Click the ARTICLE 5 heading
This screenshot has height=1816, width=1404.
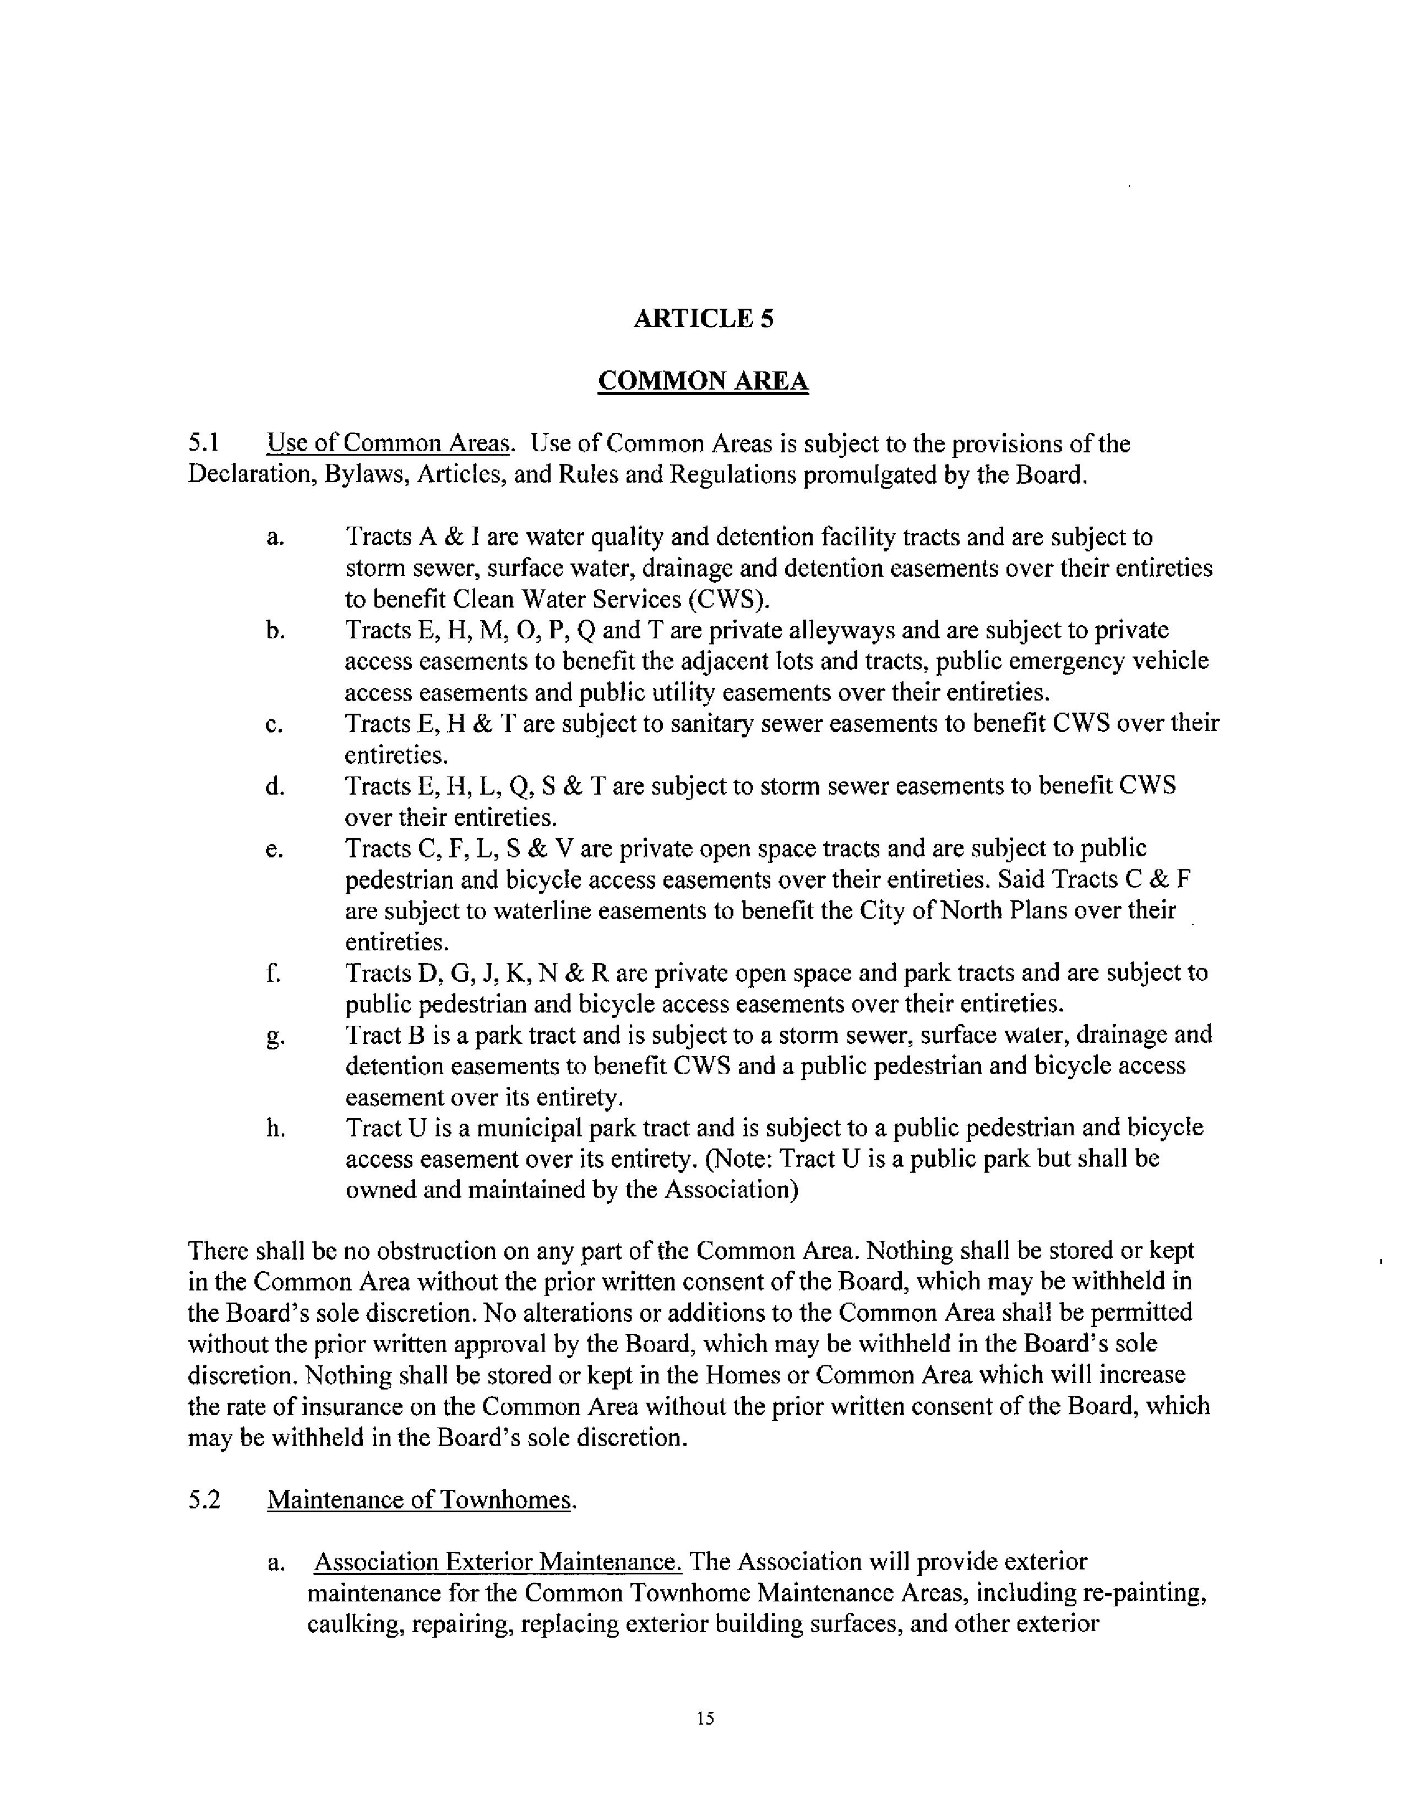click(x=703, y=319)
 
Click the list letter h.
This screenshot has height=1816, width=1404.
click(x=275, y=1128)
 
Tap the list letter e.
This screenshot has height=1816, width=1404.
click(x=275, y=850)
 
